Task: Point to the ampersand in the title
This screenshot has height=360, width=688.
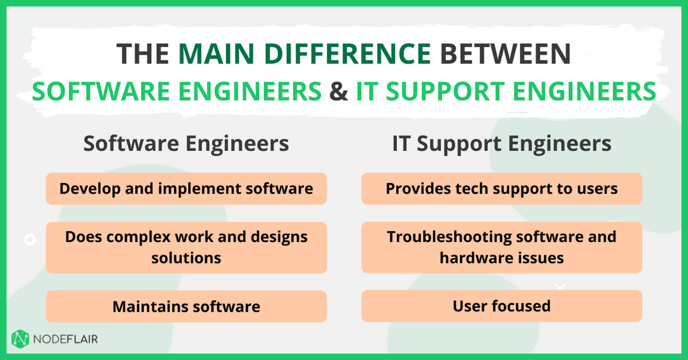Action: tap(338, 91)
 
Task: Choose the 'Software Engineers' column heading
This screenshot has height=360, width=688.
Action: tap(186, 143)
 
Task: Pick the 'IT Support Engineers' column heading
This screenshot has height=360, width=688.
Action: tap(502, 143)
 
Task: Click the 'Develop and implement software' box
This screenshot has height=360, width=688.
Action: tap(186, 189)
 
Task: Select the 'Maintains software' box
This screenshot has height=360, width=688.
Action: tap(186, 306)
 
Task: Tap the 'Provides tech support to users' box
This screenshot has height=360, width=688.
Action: tap(502, 189)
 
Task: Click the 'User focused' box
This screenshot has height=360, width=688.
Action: tap(502, 306)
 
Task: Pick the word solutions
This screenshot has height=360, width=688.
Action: tap(186, 257)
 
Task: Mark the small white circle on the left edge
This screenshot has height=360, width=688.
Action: tap(29, 240)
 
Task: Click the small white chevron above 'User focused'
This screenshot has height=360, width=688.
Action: tap(560, 287)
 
